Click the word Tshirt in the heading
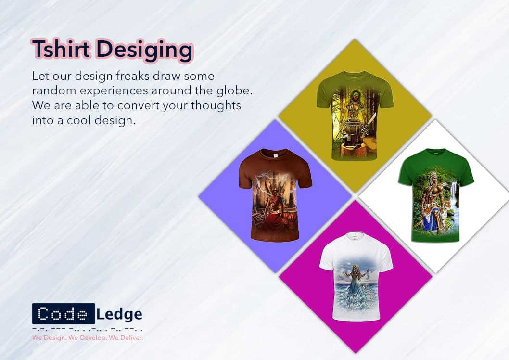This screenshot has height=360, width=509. coord(62,49)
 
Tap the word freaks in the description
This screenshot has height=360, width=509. coord(133,76)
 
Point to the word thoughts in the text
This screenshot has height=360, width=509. coord(216,105)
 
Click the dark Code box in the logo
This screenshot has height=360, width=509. coord(64,314)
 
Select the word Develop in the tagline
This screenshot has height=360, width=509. coord(93,338)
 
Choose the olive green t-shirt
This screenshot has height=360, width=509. coord(355,115)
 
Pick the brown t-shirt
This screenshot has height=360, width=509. coord(275,195)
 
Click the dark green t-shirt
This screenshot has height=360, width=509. coord(436,195)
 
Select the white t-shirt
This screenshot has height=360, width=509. coord(356,277)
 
